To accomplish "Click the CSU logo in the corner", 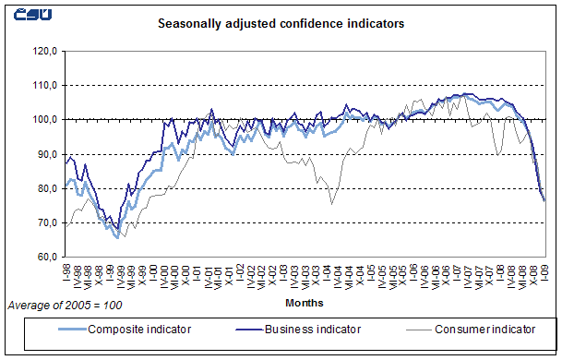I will (x=29, y=15).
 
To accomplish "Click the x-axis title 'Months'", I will (x=304, y=302).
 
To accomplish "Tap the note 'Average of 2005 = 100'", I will (x=65, y=304).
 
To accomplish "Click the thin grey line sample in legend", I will (x=401, y=329).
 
